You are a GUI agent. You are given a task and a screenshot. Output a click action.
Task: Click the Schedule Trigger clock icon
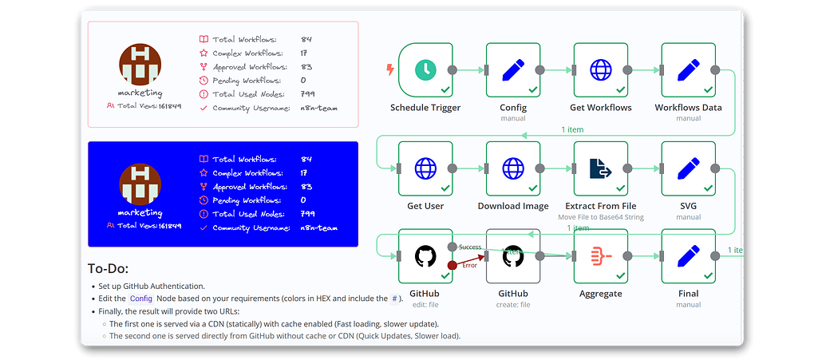pos(425,70)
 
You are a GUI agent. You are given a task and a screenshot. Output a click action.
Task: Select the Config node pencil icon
pos(512,70)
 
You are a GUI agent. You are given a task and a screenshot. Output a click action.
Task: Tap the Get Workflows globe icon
pos(600,70)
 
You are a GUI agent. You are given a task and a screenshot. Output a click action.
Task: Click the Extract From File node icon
pos(600,168)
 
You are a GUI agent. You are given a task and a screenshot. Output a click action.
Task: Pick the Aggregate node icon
pos(600,256)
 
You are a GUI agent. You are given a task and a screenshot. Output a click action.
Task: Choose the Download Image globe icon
pos(512,168)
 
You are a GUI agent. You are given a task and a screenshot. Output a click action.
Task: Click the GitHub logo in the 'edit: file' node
pos(425,256)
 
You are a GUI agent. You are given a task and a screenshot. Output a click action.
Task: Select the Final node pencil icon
pos(688,256)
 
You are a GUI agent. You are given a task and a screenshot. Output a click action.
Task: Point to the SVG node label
pos(688,206)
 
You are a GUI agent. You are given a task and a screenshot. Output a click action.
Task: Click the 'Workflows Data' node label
pos(688,108)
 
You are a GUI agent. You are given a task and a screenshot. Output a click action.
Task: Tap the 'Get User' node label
pos(425,206)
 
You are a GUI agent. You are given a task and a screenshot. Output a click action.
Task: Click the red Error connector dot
pos(452,265)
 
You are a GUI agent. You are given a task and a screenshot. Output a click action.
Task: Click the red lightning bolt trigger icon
pos(390,69)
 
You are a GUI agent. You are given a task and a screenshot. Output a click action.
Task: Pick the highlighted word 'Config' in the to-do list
pos(140,298)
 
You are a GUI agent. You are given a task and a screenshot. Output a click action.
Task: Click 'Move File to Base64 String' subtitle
pos(600,217)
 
